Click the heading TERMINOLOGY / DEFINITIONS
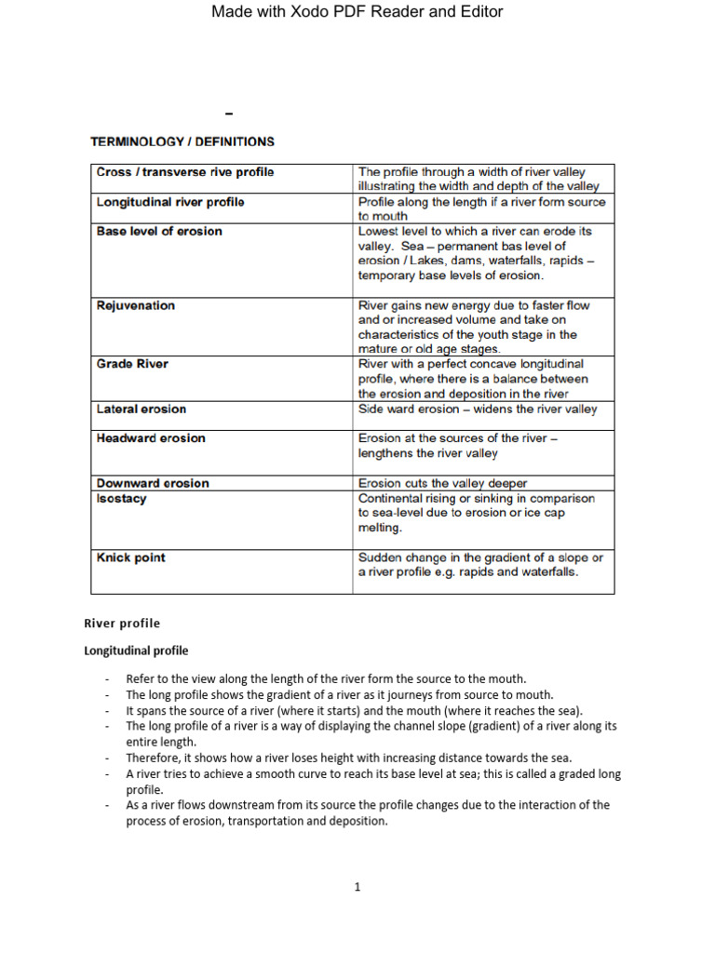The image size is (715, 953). point(182,142)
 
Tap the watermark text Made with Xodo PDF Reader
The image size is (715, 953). point(357,12)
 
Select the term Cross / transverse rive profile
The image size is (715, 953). point(185,172)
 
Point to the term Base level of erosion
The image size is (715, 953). point(159,231)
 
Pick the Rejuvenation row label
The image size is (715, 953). point(136,305)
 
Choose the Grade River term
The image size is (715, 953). point(132,364)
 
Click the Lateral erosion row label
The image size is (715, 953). point(142,409)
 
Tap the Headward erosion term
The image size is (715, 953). point(151,438)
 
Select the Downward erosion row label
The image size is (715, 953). point(153,483)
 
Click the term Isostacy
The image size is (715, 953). point(122,498)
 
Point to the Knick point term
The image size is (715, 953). point(131,557)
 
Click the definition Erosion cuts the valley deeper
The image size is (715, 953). point(443,483)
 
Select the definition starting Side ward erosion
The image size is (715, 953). point(478,409)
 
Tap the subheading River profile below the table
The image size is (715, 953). point(122,624)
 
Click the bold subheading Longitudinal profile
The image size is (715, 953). point(136,651)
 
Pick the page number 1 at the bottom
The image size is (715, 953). point(357,887)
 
